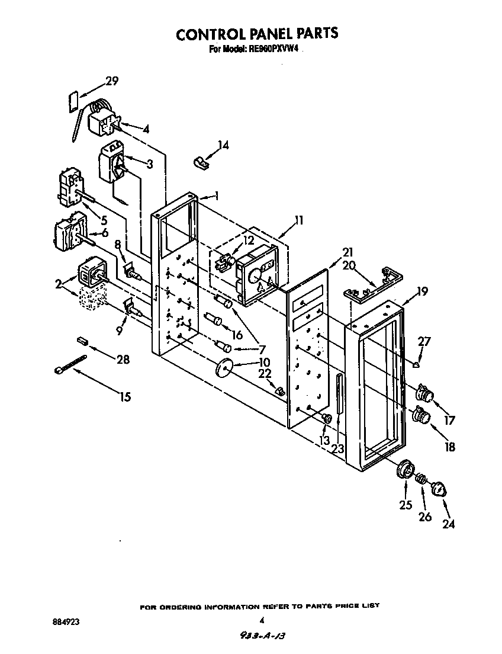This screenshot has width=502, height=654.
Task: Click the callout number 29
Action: [x=111, y=81]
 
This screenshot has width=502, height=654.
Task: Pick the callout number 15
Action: [x=125, y=397]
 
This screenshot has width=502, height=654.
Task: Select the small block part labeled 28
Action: [x=82, y=341]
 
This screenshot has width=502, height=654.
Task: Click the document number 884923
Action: [x=66, y=622]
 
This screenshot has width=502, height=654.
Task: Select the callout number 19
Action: [x=421, y=291]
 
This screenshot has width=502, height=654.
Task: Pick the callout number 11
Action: [x=300, y=220]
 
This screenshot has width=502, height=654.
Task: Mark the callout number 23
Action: [x=337, y=448]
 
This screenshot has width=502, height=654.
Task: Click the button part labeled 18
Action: [x=421, y=416]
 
